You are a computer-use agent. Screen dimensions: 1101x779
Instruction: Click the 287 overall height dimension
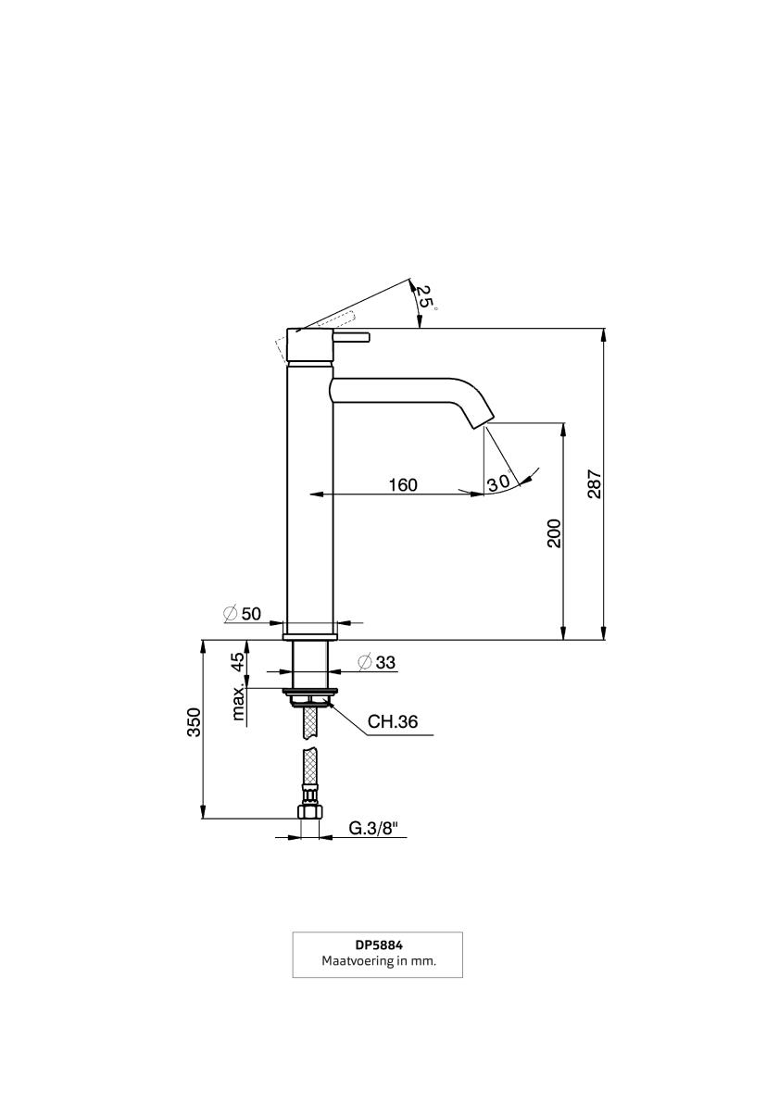point(595,484)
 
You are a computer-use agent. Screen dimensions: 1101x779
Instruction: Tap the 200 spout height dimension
point(554,532)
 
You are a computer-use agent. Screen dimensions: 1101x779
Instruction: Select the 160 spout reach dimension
point(403,484)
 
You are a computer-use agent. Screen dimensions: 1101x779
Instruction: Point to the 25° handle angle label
point(423,296)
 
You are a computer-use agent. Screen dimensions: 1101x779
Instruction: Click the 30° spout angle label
point(499,482)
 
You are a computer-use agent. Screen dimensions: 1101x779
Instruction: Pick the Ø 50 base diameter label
point(243,613)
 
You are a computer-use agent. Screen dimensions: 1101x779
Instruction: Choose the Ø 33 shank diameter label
point(376,662)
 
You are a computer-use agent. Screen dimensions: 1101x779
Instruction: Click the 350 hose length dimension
point(194,722)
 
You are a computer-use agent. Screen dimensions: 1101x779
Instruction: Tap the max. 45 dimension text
point(239,685)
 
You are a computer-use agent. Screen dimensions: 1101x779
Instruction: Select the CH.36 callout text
point(394,722)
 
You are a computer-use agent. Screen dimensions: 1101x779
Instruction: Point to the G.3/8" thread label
point(379,829)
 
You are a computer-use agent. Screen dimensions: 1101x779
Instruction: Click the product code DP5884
point(377,945)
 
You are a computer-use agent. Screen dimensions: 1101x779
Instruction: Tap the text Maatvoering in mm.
point(378,962)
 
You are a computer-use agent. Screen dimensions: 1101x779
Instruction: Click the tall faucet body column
point(309,500)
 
